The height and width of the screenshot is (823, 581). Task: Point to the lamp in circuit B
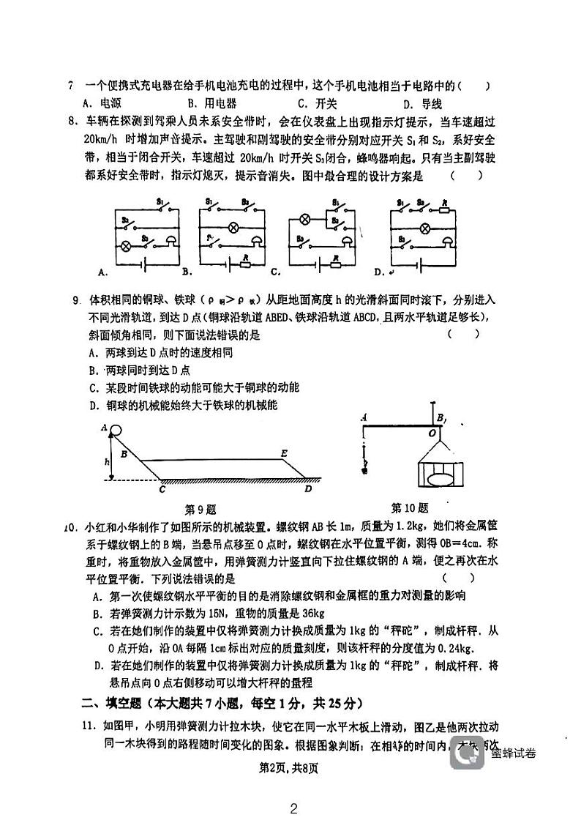pos(235,227)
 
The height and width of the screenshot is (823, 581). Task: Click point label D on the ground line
pos(307,488)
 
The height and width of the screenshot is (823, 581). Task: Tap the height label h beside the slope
pos(107,461)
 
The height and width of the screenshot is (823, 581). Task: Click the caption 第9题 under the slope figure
pos(200,508)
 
